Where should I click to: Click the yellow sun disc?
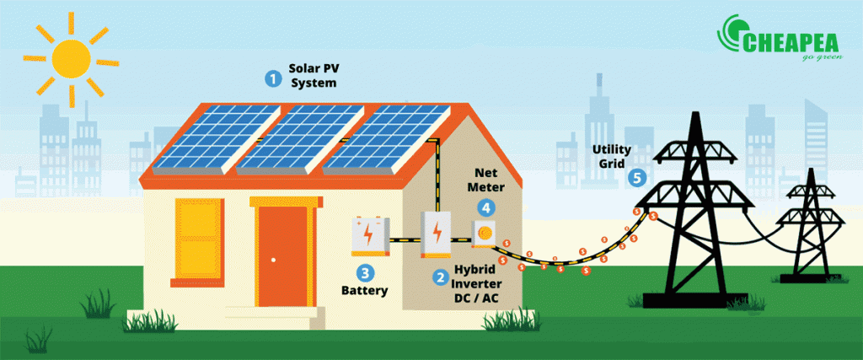pyautogui.click(x=71, y=58)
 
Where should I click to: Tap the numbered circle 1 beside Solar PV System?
pyautogui.click(x=272, y=78)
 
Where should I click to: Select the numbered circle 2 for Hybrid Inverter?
pyautogui.click(x=440, y=277)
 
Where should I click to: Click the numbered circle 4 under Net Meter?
pyautogui.click(x=486, y=208)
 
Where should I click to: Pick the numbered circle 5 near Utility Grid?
pyautogui.click(x=637, y=178)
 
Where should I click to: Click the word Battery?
pyautogui.click(x=364, y=291)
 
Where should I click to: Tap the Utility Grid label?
pyautogui.click(x=612, y=156)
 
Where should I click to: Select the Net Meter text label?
pyautogui.click(x=486, y=180)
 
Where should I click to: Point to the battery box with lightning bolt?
pyautogui.click(x=370, y=235)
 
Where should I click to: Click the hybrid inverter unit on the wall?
pyautogui.click(x=436, y=234)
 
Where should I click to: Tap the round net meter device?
pyautogui.click(x=485, y=233)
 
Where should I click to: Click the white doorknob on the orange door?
pyautogui.click(x=274, y=260)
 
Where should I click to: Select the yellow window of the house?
pyautogui.click(x=199, y=242)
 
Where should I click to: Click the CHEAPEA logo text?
pyautogui.click(x=790, y=42)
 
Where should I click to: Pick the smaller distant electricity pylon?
pyautogui.click(x=810, y=226)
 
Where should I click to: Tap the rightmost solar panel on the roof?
pyautogui.click(x=386, y=139)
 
